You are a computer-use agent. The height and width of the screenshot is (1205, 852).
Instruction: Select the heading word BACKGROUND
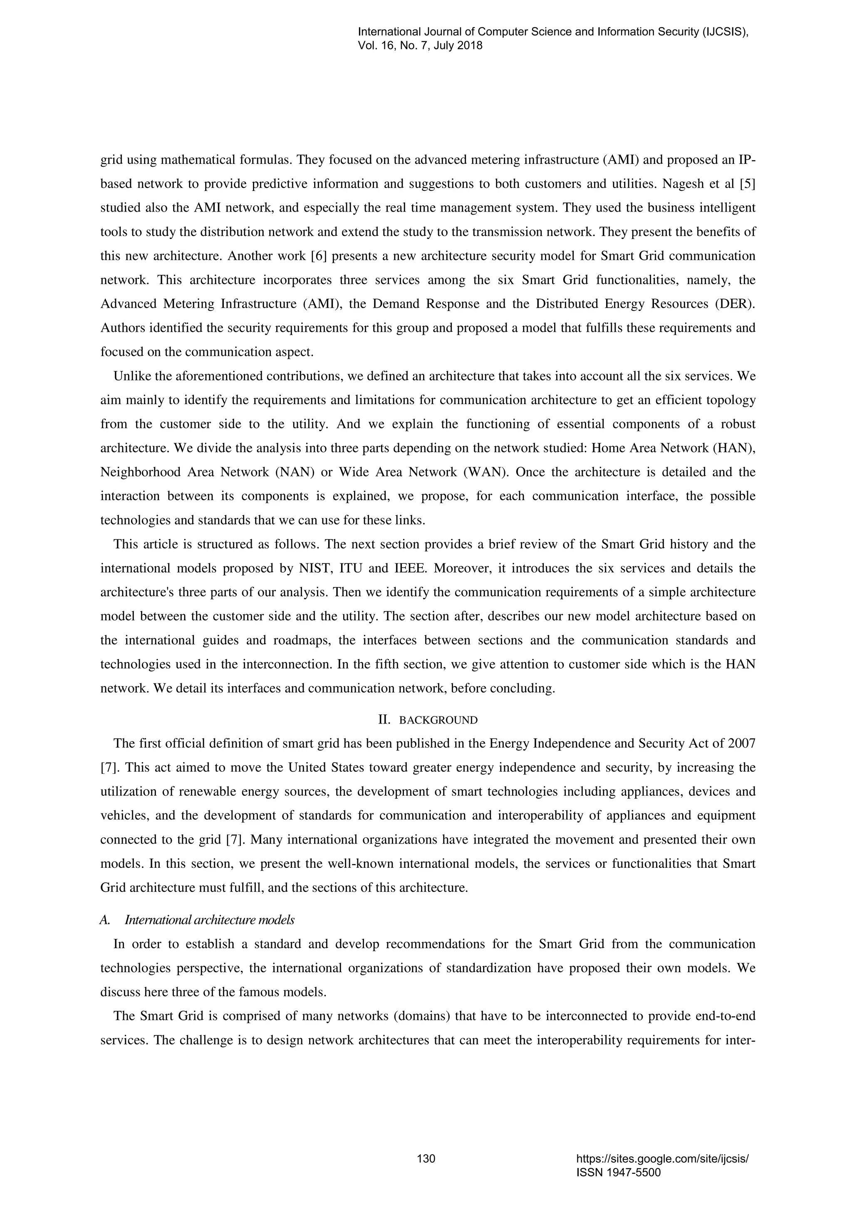click(x=438, y=720)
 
